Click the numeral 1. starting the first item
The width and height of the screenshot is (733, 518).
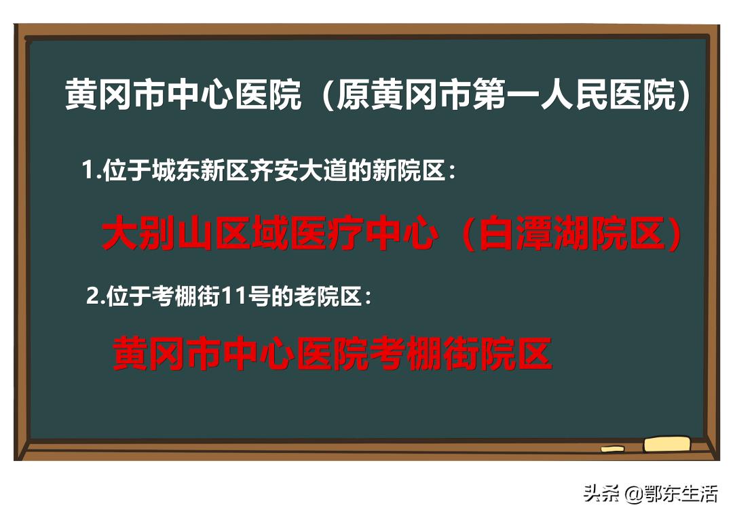pyautogui.click(x=90, y=170)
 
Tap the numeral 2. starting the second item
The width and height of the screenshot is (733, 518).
pyautogui.click(x=96, y=296)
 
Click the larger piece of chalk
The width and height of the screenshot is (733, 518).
pyautogui.click(x=666, y=444)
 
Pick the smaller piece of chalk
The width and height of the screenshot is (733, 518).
pyautogui.click(x=612, y=448)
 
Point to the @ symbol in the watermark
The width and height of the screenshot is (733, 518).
pyautogui.click(x=634, y=494)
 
